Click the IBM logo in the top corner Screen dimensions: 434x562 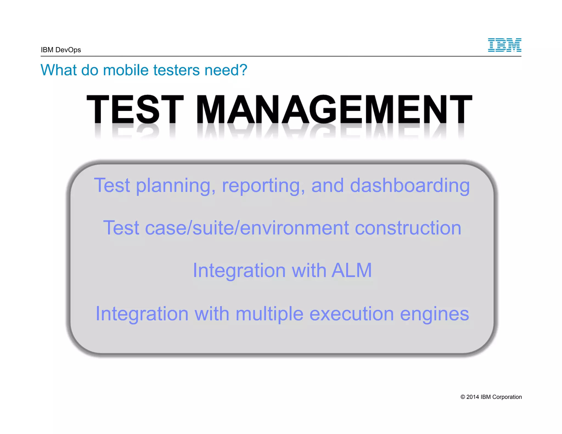(x=504, y=45)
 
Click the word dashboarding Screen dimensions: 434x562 (x=410, y=185)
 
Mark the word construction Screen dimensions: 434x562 (x=408, y=228)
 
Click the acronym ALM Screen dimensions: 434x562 (x=352, y=270)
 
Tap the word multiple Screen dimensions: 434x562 (x=269, y=314)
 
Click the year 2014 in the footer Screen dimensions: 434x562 (x=473, y=397)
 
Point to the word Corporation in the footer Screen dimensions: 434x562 (x=507, y=397)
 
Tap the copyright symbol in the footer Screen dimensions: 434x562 (x=463, y=397)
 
